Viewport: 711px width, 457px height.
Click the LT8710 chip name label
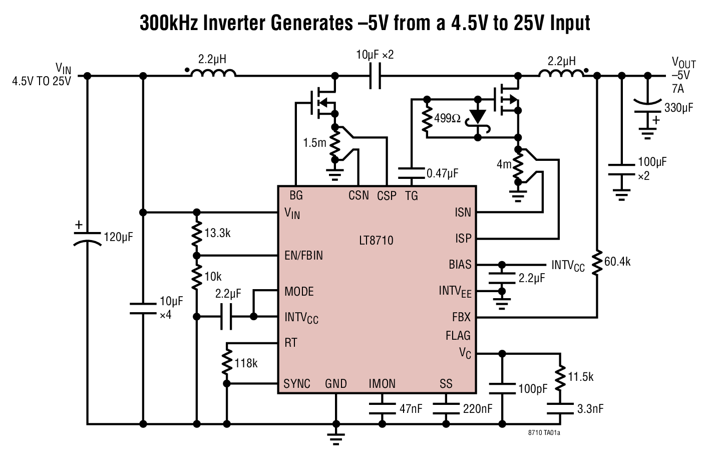pos(376,241)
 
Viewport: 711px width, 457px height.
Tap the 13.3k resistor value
pos(217,233)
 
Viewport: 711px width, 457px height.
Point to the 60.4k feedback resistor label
pos(617,262)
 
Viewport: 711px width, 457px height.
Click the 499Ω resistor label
pos(447,118)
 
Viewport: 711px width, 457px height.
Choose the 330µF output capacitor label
pos(678,107)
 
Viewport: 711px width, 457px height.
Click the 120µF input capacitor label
pos(118,237)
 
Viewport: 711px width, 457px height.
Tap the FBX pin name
pos(461,317)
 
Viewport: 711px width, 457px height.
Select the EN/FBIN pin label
pos(303,256)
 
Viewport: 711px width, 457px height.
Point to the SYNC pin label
pos(297,384)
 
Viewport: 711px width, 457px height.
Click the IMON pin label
pos(382,384)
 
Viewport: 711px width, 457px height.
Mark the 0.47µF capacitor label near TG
pos(442,173)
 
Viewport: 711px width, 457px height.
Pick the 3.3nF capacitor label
pos(590,409)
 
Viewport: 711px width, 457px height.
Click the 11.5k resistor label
pos(580,377)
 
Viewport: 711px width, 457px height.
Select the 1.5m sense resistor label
pos(314,143)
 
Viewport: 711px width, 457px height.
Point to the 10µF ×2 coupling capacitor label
pos(375,55)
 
